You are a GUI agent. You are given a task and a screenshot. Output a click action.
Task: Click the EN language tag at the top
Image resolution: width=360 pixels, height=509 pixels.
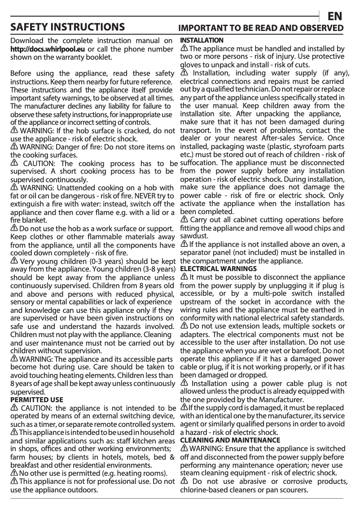(334, 17)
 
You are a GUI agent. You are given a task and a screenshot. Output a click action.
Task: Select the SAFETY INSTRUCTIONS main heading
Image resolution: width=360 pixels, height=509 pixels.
(68, 27)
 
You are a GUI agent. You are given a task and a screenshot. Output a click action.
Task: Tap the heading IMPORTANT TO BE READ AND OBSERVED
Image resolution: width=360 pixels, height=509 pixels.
(261, 28)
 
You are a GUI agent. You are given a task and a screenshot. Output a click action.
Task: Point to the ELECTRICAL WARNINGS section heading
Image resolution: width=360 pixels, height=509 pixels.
(218, 269)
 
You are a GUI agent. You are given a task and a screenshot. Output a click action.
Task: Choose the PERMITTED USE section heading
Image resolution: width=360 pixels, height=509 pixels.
(36, 399)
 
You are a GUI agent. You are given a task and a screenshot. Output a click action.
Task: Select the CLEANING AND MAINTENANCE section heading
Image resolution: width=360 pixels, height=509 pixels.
(230, 440)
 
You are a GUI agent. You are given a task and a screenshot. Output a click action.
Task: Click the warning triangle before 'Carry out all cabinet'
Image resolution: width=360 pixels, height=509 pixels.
(184, 219)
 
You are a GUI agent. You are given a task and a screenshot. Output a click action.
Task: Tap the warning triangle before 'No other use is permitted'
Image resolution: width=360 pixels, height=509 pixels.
(14, 473)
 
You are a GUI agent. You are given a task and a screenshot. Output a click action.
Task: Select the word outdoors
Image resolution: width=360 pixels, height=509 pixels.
(82, 489)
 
